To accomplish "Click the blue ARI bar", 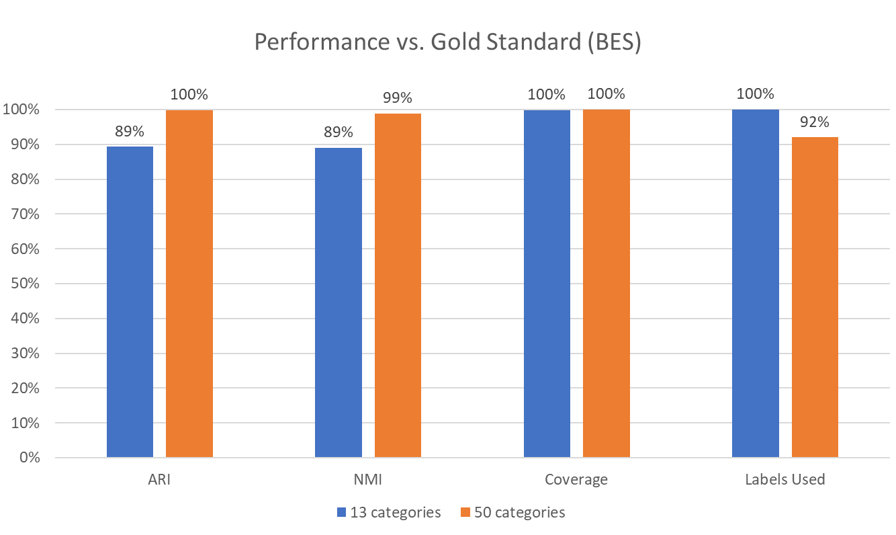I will pos(130,302).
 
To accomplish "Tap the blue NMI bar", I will pos(339,302).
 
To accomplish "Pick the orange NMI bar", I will pos(398,286).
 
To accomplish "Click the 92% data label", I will pos(815,122).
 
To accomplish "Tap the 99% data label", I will pos(398,98).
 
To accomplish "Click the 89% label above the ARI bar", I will pos(130,131).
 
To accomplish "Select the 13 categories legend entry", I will pos(389,512).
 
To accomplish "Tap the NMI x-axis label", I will pos(368,480).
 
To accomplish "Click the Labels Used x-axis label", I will pos(785,480).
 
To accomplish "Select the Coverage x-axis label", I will pos(576,480).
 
